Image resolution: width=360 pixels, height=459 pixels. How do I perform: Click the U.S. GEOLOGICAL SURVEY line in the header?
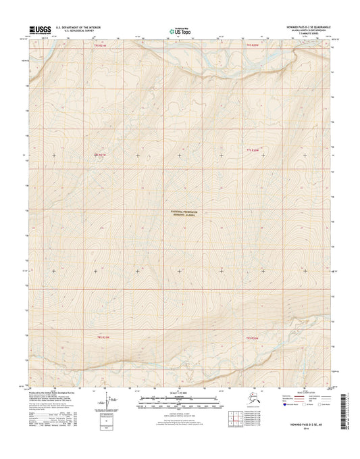(x=74, y=31)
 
